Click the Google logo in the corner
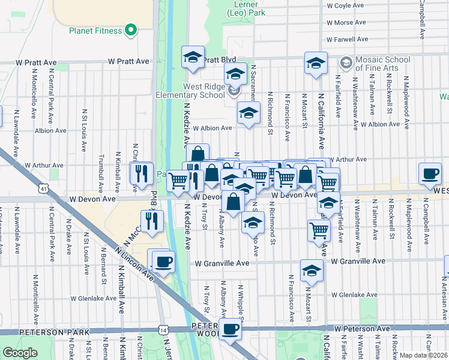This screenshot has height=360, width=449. [20, 353]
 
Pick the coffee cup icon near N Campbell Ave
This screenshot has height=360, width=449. [429, 173]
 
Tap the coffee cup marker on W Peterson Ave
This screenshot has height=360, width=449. [230, 328]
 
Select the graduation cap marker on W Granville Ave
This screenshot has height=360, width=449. [312, 271]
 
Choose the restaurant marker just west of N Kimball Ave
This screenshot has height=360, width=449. [141, 173]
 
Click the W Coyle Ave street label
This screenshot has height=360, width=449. [345, 5]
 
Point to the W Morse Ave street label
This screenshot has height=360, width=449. [346, 23]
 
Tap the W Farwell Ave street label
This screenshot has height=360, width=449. [346, 40]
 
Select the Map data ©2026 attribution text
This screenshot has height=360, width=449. [424, 355]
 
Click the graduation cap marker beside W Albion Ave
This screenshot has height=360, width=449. [248, 113]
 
